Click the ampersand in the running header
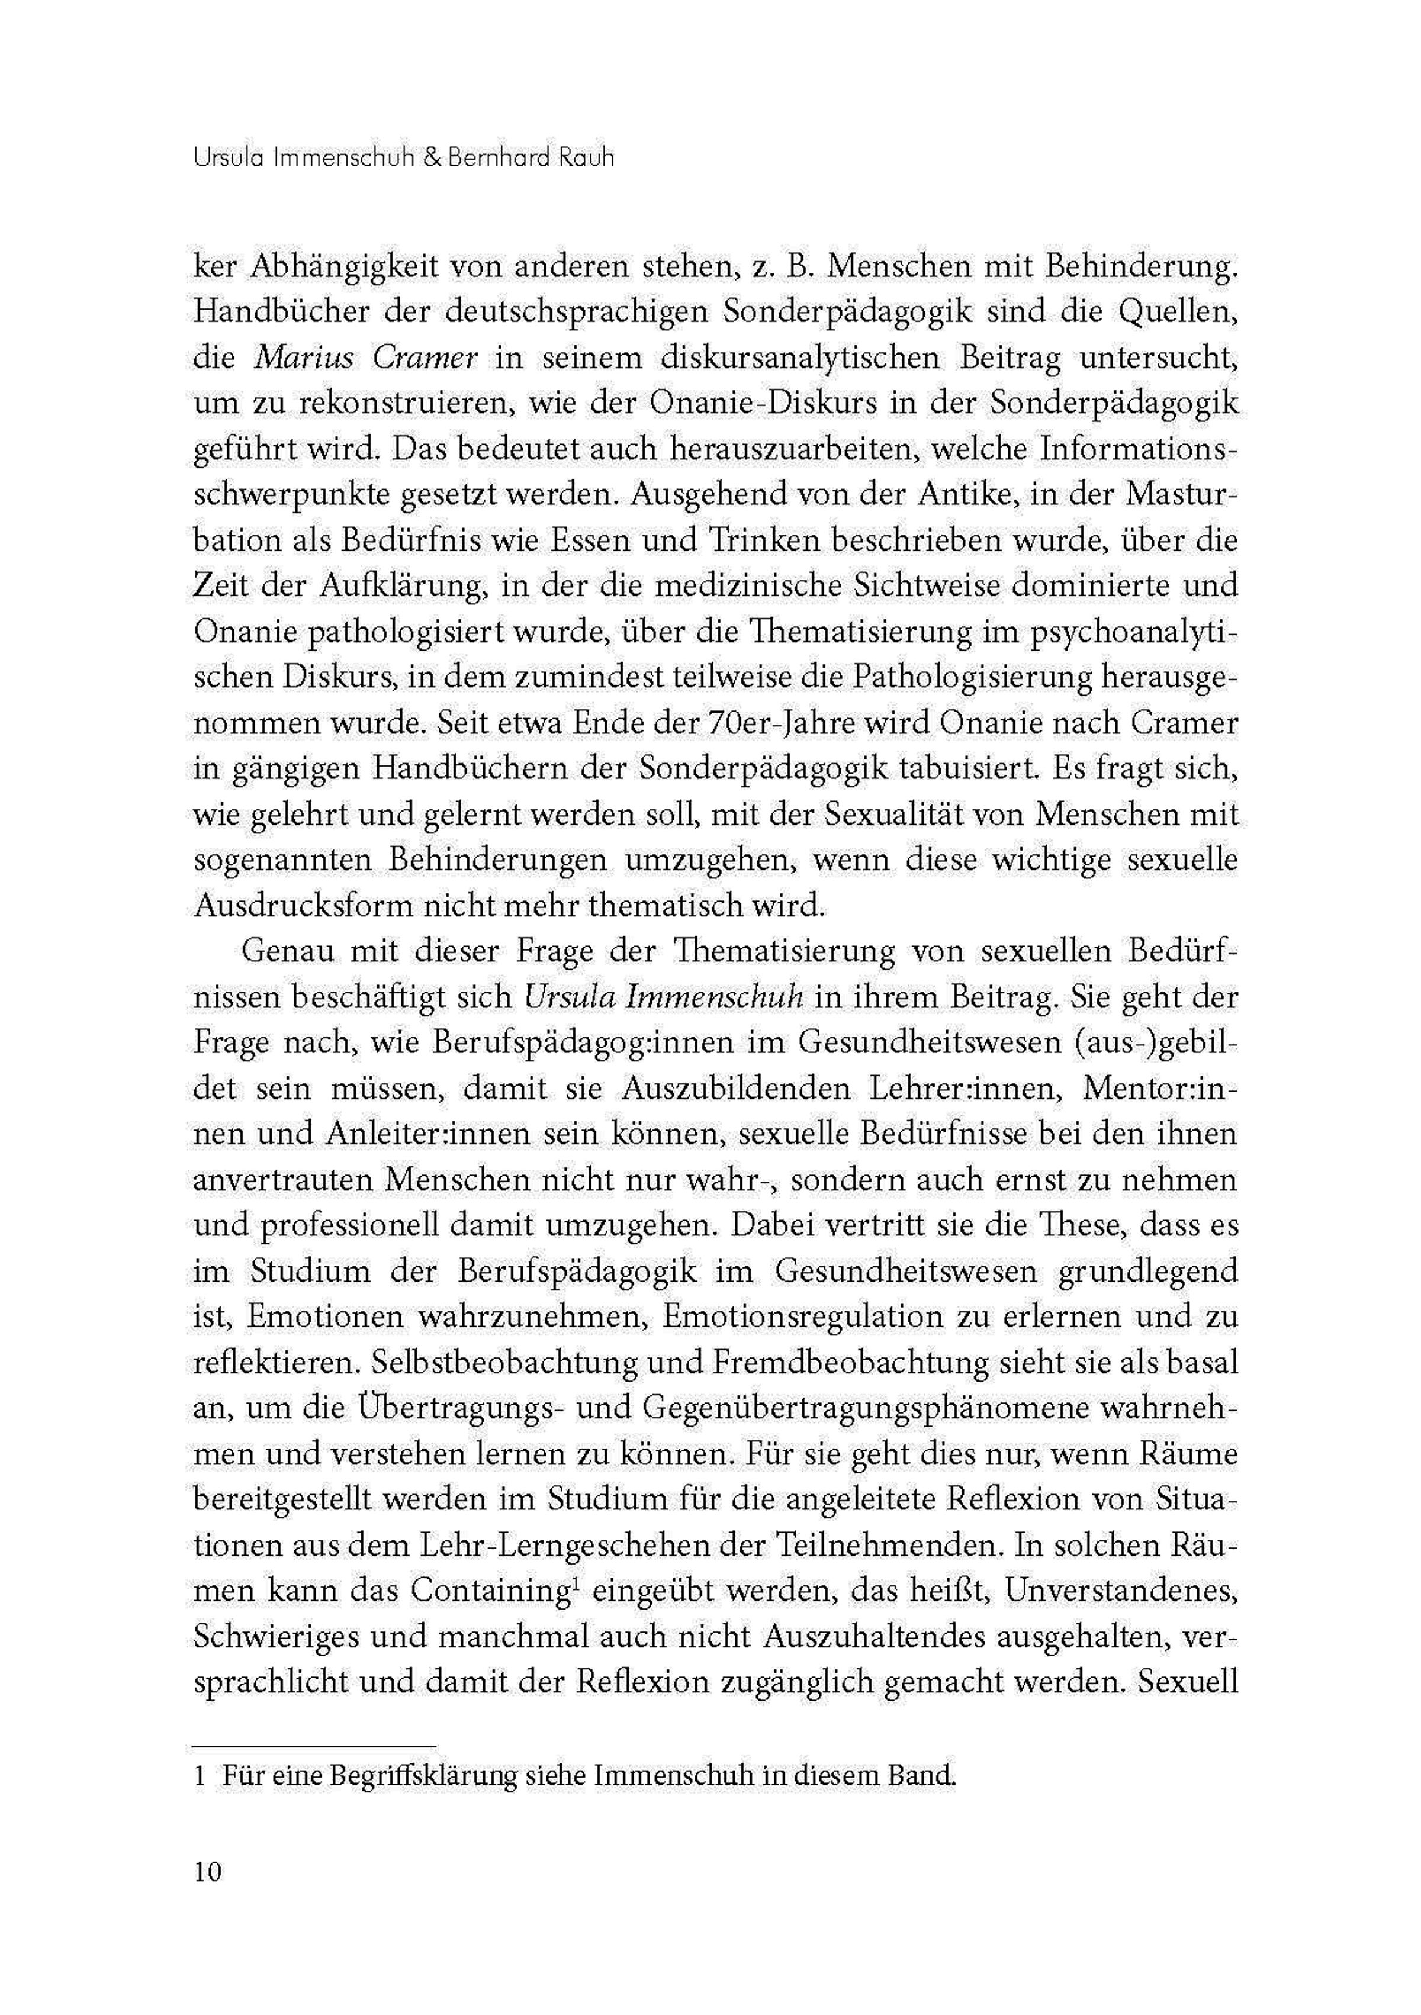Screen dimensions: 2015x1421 point(432,159)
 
